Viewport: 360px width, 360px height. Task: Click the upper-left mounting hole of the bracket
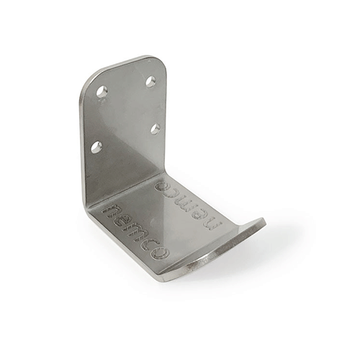102,91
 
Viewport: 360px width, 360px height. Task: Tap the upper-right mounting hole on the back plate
150,82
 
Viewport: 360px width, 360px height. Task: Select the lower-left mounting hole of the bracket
96,147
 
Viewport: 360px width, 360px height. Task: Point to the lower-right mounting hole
155,129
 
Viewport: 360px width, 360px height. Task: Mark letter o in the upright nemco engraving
159,253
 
